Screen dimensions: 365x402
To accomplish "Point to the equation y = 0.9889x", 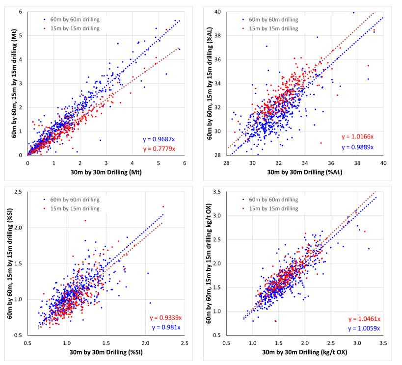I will (358, 147).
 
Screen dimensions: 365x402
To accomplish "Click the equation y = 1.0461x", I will (363, 319).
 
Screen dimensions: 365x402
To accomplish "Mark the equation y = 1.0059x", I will (363, 329).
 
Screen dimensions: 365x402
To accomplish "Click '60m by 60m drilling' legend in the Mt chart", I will (74, 19).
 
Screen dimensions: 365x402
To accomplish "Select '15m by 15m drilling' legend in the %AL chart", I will (273, 28).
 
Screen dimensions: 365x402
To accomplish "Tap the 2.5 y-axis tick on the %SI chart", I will (19, 191).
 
